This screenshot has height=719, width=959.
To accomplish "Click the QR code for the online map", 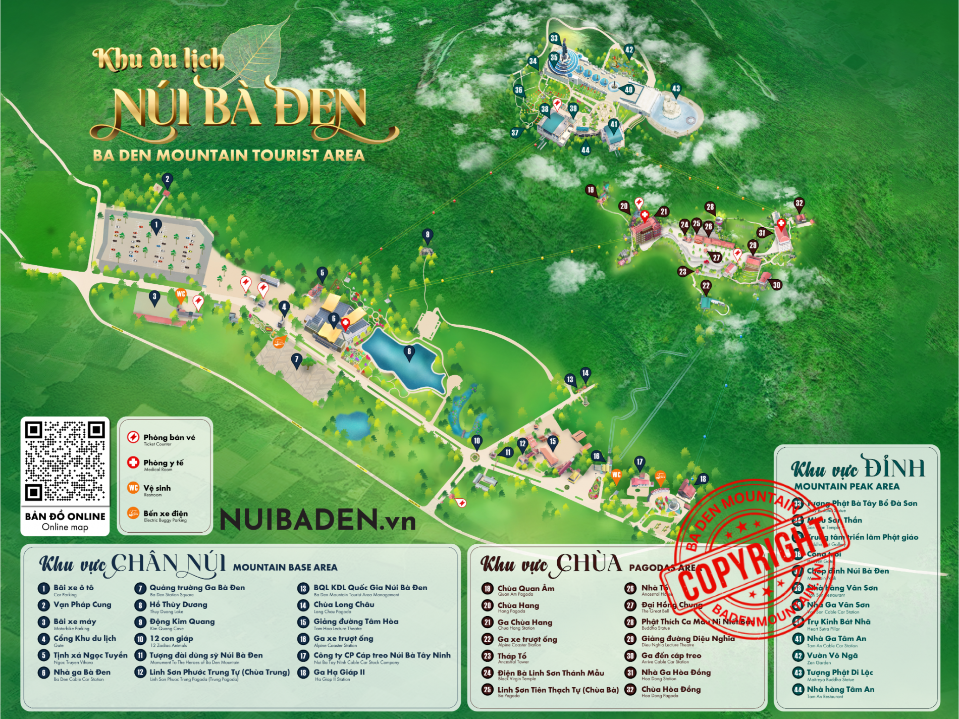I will coord(65,460).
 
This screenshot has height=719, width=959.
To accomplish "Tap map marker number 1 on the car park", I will coord(156,226).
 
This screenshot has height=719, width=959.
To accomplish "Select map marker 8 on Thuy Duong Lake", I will coord(409,352).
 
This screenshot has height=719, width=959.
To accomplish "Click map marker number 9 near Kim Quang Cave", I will coord(428,235).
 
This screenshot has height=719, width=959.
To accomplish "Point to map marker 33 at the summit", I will coord(554,39).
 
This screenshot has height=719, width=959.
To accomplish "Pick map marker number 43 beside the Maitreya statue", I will coord(676,89).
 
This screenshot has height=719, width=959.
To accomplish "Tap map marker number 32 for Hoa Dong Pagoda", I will coord(799,204).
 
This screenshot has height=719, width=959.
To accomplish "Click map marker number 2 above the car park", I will coord(168,179).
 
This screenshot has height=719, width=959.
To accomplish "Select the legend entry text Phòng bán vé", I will coord(169,437).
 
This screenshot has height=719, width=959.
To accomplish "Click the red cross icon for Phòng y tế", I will coord(133,462).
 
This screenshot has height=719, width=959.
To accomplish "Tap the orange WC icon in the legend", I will coord(133,487).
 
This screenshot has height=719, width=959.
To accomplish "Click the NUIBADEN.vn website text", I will coord(318,520).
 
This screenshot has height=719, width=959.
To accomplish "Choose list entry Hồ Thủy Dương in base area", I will coord(178,604).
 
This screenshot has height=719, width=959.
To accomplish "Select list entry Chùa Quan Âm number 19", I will coord(525,588).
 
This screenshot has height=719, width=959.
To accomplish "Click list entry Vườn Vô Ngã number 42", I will coord(832,655).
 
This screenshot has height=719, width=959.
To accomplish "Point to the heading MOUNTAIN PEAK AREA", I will coord(846,486).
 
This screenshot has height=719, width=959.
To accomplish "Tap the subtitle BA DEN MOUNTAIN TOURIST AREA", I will coord(229,155).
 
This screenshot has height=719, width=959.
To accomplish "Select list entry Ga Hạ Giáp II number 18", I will coord(339,672).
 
